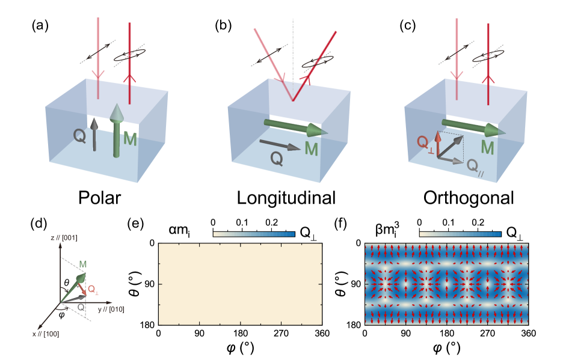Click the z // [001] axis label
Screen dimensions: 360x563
point(64,239)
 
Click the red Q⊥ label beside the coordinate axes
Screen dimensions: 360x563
point(93,290)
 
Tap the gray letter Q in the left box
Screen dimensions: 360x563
point(79,136)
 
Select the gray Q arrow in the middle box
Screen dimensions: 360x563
point(280,145)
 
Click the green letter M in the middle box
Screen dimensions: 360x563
point(311,148)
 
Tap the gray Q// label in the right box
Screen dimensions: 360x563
point(475,166)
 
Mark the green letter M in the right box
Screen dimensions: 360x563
point(487,147)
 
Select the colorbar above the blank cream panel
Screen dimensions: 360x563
point(254,234)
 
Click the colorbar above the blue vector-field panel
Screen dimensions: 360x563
point(460,234)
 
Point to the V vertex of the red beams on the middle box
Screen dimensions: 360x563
point(293,100)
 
